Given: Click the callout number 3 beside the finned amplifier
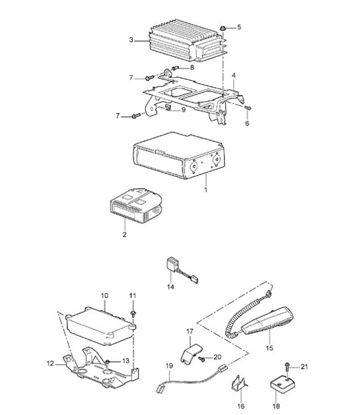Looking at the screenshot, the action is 131,40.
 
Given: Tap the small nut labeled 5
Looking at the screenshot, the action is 223,28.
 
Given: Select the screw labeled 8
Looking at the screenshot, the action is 176,68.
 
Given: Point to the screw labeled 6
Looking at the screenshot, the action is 248,108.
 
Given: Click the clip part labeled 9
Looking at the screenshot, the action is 168,107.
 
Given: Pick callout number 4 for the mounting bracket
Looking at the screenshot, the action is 234,75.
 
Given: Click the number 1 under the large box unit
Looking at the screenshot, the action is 205,190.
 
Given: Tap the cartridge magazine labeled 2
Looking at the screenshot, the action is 135,206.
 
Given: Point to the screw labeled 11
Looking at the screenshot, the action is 133,314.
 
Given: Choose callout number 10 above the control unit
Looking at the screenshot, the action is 105,295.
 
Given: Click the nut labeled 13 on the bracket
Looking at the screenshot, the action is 108,361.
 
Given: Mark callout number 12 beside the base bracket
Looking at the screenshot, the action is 50,363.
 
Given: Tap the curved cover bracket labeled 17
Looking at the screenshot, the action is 190,353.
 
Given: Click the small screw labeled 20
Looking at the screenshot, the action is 202,359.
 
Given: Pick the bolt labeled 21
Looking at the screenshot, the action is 287,367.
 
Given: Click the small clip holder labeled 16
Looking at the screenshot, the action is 239,383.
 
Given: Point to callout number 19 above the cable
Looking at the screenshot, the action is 169,366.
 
